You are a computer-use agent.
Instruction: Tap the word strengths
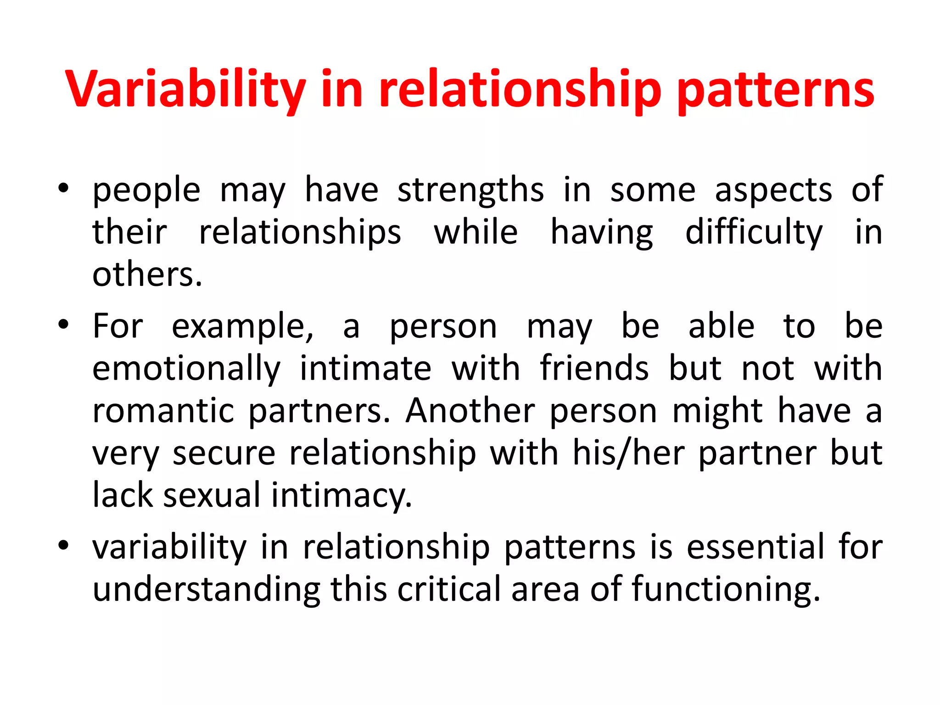[x=470, y=190]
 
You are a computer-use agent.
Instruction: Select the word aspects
[x=773, y=190]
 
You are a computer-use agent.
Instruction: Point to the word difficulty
[x=754, y=233]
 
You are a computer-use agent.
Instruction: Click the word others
[x=147, y=274]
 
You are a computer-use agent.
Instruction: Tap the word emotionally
[x=186, y=369]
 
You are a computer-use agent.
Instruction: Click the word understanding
[x=206, y=590]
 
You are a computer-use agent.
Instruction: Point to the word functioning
[x=725, y=590]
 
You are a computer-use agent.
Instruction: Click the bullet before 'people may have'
[x=63, y=189]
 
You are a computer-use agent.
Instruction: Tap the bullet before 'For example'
[x=63, y=325]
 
